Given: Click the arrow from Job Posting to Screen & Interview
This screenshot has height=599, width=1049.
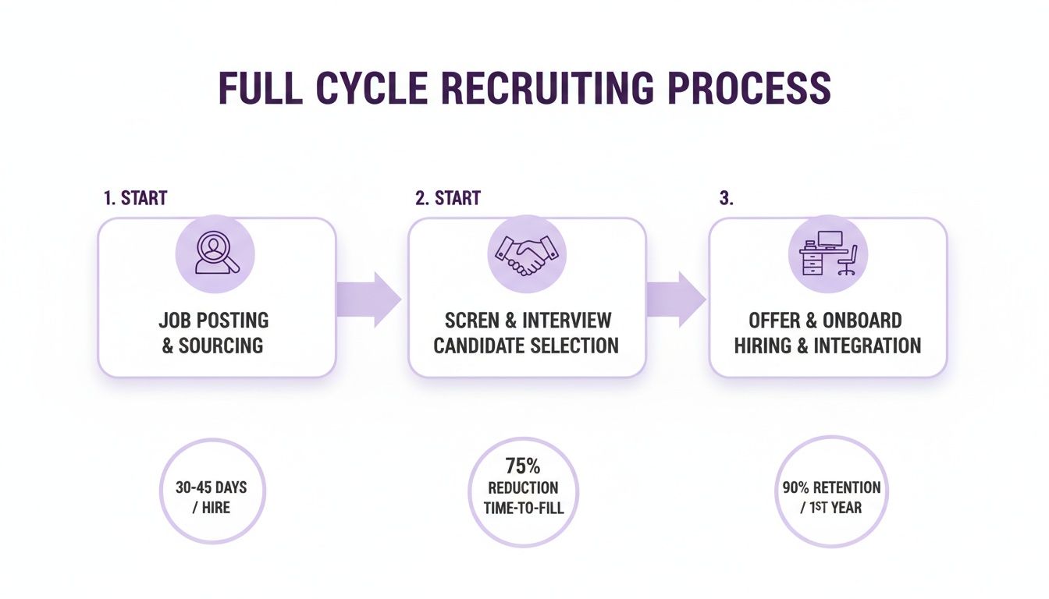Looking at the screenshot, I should pyautogui.click(x=368, y=299).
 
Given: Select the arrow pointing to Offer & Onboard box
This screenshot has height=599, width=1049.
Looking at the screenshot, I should pyautogui.click(x=676, y=299).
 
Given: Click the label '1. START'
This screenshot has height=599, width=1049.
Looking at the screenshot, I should pyautogui.click(x=135, y=198).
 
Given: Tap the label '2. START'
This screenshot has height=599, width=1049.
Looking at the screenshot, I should pyautogui.click(x=447, y=198).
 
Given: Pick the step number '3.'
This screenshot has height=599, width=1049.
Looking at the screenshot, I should pyautogui.click(x=726, y=198).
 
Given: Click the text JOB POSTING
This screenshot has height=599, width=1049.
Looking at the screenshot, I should pyautogui.click(x=213, y=321).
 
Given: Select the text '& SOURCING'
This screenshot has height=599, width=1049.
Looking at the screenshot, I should pyautogui.click(x=213, y=346).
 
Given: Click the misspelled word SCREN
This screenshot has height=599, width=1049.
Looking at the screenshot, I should pyautogui.click(x=471, y=321).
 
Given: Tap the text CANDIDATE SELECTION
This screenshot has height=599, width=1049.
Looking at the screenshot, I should pyautogui.click(x=526, y=346).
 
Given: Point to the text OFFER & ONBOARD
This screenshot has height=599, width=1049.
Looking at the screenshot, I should pyautogui.click(x=826, y=321).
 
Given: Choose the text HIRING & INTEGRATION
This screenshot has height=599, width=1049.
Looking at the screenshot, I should pyautogui.click(x=827, y=346).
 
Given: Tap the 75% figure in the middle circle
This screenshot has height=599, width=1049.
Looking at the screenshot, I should pyautogui.click(x=523, y=466).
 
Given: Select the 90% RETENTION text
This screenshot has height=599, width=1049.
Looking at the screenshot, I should pyautogui.click(x=831, y=488).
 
